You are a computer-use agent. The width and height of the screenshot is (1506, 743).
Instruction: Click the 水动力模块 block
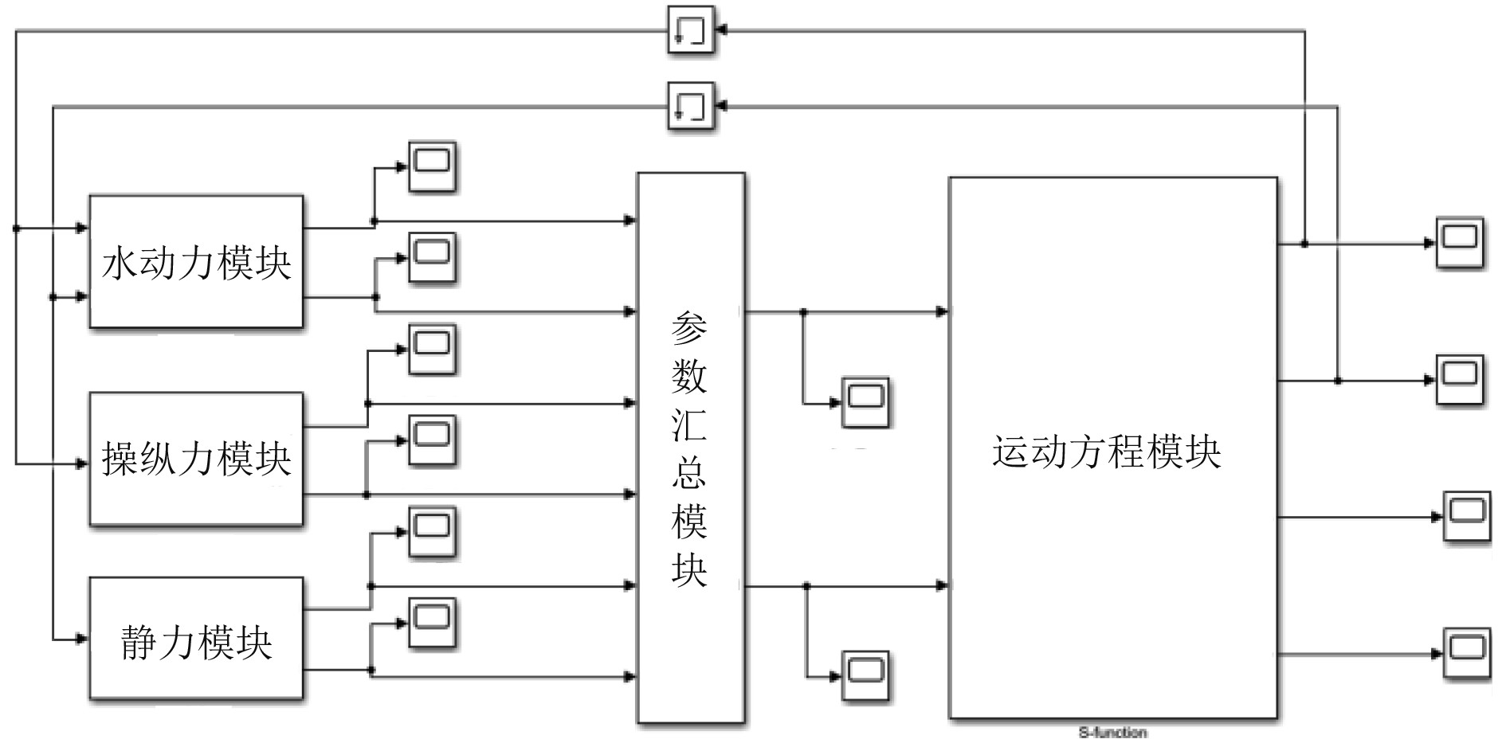point(196,261)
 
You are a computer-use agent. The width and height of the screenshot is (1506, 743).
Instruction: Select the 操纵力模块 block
point(196,458)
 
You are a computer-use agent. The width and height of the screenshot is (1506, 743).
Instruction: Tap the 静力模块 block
point(196,639)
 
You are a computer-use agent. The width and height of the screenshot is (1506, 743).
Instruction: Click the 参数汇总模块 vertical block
point(690,448)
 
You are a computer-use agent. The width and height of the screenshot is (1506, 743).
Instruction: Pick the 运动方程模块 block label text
point(1106,452)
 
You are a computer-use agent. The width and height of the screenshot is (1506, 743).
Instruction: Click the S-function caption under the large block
point(1112,732)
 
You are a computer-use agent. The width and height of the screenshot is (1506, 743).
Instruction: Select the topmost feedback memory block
point(690,30)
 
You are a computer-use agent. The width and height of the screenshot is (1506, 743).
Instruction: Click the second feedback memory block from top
point(690,106)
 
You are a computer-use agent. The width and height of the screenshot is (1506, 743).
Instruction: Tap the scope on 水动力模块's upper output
point(432,166)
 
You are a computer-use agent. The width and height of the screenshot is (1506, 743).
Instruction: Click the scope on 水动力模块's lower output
point(432,257)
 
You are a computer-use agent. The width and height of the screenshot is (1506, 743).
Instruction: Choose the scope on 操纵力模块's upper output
point(432,349)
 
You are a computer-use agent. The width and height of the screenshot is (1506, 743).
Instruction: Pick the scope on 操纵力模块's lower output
point(432,440)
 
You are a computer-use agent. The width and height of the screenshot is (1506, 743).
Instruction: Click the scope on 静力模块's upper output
point(432,531)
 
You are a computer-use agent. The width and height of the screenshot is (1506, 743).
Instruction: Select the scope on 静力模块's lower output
point(432,622)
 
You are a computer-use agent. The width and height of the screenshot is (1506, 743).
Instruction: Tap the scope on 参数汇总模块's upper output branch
point(865,402)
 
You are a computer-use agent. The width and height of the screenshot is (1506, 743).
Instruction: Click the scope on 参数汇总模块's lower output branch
point(865,676)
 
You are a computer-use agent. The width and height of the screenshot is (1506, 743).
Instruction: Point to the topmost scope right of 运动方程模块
point(1460,242)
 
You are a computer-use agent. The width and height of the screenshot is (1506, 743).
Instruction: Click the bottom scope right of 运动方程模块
point(1467,654)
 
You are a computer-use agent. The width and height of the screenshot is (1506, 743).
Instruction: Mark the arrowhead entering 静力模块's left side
point(81,639)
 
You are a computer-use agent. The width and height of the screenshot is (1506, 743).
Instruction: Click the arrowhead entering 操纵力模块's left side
point(81,463)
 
